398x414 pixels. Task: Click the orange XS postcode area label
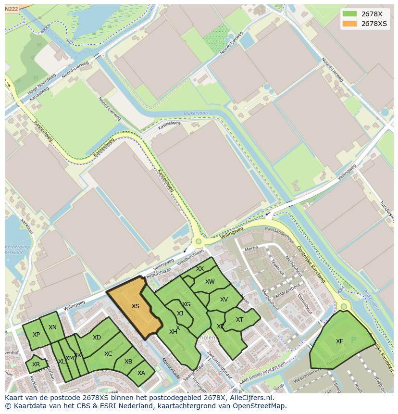pyautogui.click(x=136, y=306)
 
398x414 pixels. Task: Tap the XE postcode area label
pyautogui.click(x=340, y=341)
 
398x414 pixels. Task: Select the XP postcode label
pyautogui.click(x=37, y=335)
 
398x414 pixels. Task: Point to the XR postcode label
pyautogui.click(x=36, y=364)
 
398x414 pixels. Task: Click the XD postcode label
pyautogui.click(x=97, y=338)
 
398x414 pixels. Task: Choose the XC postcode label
pyautogui.click(x=108, y=354)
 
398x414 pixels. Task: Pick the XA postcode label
pyautogui.click(x=141, y=373)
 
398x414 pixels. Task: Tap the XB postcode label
pyautogui.click(x=128, y=362)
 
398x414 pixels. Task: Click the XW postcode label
pyautogui.click(x=210, y=282)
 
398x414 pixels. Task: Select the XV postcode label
pyautogui.click(x=224, y=300)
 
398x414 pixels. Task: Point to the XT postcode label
pyautogui.click(x=239, y=320)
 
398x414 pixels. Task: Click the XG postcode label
pyautogui.click(x=187, y=304)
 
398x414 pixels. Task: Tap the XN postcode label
pyautogui.click(x=53, y=327)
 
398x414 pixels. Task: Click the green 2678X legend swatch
pyautogui.click(x=350, y=14)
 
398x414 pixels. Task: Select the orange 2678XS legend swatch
pyautogui.click(x=350, y=24)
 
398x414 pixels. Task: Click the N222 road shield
pyautogui.click(x=12, y=9)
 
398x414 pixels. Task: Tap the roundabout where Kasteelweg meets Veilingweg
pyautogui.click(x=198, y=242)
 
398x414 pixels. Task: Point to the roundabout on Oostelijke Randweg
pyautogui.click(x=343, y=306)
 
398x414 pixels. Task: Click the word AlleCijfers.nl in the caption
pyautogui.click(x=250, y=398)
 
